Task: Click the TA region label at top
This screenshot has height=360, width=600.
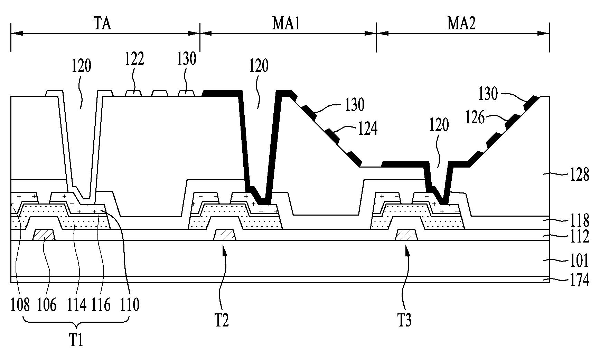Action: click(103, 24)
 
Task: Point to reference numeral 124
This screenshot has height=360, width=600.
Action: click(367, 128)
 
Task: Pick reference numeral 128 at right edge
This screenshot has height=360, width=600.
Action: click(579, 175)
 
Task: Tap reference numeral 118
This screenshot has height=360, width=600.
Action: click(579, 220)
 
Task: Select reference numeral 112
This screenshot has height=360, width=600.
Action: click(579, 237)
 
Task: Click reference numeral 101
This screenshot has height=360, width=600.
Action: click(579, 261)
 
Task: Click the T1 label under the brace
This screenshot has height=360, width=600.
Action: click(76, 340)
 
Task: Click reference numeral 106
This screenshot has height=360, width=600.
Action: click(47, 305)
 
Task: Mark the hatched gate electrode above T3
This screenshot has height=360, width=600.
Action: click(406, 235)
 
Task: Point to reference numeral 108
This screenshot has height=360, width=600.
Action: click(20, 305)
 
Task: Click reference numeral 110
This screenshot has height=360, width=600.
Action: click(130, 305)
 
